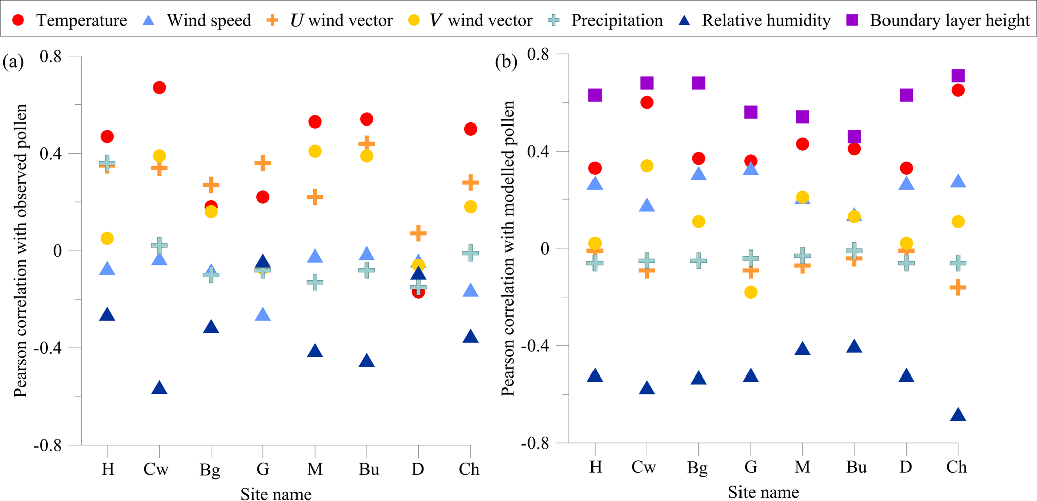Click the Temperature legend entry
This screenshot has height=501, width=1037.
pos(70,21)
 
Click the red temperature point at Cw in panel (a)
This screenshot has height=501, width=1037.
pos(159,88)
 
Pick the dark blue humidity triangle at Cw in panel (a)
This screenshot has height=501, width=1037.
pos(159,388)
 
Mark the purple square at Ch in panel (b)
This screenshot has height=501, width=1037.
pos(958,76)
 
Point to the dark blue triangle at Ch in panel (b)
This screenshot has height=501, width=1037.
pos(958,415)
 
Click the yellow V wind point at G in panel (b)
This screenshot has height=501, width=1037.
pos(751,292)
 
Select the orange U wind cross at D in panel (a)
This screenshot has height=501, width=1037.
pos(418,233)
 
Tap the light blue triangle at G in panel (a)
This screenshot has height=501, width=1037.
pos(263,315)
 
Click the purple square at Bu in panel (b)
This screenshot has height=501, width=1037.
pos(854,137)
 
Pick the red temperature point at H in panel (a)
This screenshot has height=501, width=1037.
pos(107,136)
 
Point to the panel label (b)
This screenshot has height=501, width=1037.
pos(506,62)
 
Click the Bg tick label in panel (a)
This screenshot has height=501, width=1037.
pos(210,470)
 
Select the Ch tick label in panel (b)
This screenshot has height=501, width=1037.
pos(956,467)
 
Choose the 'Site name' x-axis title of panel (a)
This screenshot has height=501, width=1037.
pos(276,494)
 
